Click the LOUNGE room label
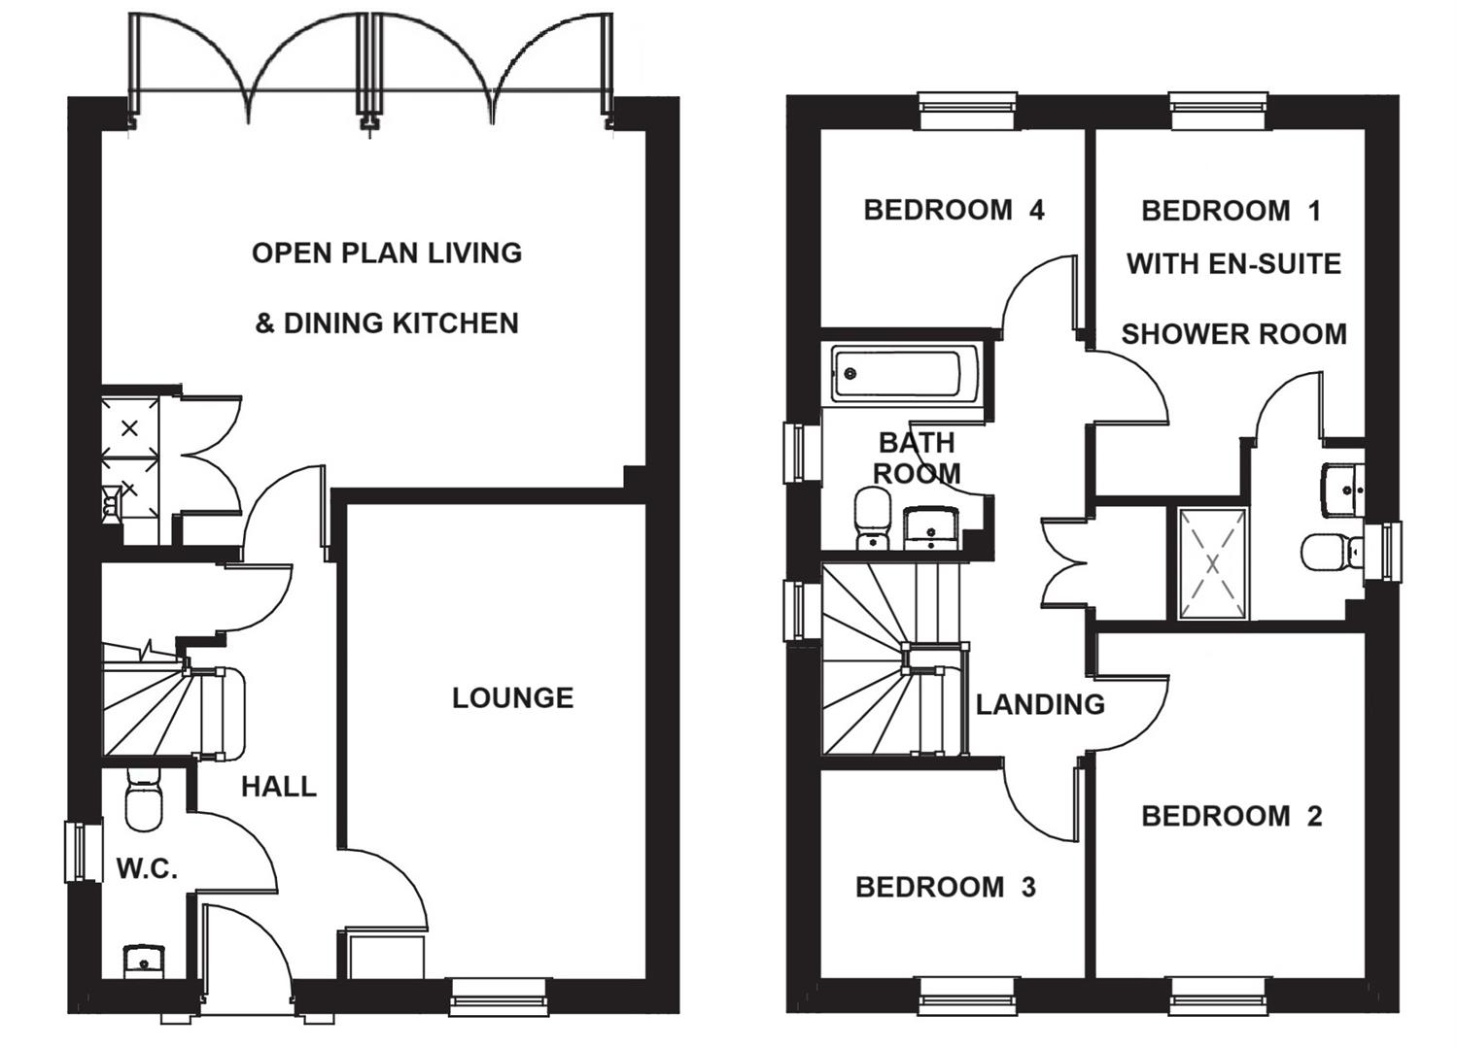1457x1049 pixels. click(x=512, y=697)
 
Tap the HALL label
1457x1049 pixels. click(x=279, y=786)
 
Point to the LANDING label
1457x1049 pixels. click(x=1040, y=703)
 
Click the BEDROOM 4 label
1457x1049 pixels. click(x=954, y=210)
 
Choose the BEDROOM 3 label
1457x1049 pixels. click(x=945, y=887)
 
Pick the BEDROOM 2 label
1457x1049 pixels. click(x=1232, y=816)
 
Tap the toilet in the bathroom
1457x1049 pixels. click(x=872, y=517)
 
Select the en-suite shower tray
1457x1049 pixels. click(x=1212, y=563)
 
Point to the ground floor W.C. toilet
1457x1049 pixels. click(x=144, y=800)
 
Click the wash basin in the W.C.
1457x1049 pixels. click(x=144, y=962)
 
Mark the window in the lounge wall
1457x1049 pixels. click(x=500, y=997)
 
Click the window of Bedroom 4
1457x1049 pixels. click(x=968, y=111)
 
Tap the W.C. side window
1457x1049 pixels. click(x=84, y=852)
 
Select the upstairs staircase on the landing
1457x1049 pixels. click(x=880, y=660)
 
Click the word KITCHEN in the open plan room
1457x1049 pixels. click(x=455, y=322)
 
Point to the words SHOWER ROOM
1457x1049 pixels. click(x=1233, y=334)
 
